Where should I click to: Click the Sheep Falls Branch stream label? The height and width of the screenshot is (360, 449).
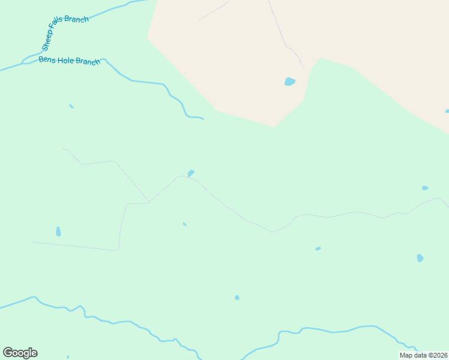(x=65, y=34)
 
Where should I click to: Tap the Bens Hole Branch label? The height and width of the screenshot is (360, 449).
(x=69, y=61)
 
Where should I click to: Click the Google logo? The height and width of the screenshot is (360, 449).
(x=20, y=353)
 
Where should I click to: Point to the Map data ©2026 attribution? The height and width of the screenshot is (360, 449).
(x=423, y=355)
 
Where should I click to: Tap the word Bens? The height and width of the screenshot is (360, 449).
(x=47, y=59)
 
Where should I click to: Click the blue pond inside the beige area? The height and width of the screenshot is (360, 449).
(x=290, y=82)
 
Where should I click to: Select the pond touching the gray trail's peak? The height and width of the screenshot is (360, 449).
(x=191, y=173)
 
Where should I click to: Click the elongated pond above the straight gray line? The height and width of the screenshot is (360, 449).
(x=58, y=231)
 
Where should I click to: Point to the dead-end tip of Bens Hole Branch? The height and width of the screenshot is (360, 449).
(x=203, y=119)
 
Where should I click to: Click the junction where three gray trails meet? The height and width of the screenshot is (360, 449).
(x=149, y=202)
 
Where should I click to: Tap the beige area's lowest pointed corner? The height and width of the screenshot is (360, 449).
(x=275, y=127)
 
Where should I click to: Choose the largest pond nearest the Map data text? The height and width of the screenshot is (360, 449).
(x=420, y=258)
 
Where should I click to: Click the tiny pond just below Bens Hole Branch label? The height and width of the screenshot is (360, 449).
(x=71, y=106)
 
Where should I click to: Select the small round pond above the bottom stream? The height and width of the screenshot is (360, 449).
(x=237, y=298)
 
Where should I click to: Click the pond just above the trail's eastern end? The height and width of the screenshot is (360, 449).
(x=425, y=188)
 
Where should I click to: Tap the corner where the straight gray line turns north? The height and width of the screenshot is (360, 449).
(x=118, y=250)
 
